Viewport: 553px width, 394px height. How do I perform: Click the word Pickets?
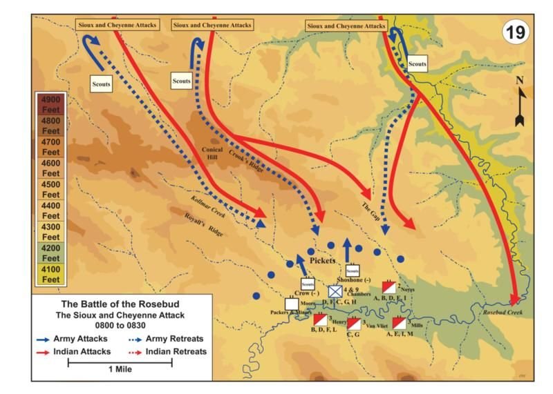click(322, 261)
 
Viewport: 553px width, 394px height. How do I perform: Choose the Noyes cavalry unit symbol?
click(388, 286)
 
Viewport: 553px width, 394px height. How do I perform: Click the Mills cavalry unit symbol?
click(400, 322)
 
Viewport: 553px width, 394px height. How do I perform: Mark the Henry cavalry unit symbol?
click(320, 319)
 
